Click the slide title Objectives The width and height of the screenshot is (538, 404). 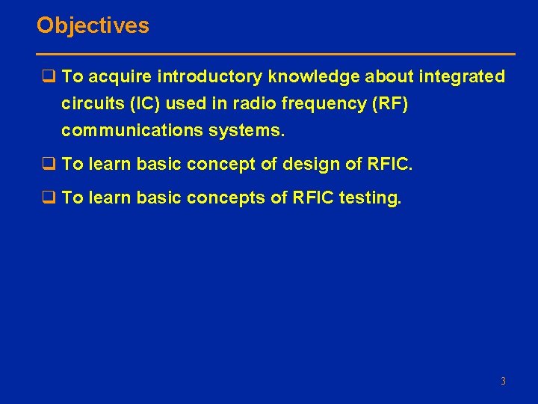93,25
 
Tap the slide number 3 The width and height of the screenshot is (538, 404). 503,382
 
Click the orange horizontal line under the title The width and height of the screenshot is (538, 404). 276,55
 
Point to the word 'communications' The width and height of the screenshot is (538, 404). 129,130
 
